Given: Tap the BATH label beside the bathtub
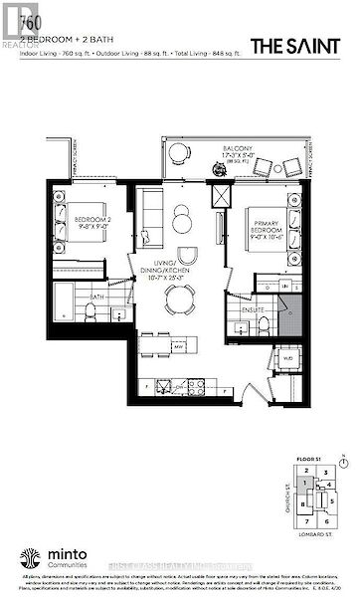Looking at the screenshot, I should coord(96,296).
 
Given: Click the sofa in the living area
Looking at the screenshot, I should coord(151,212).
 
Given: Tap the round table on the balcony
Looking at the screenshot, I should coord(179,152).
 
